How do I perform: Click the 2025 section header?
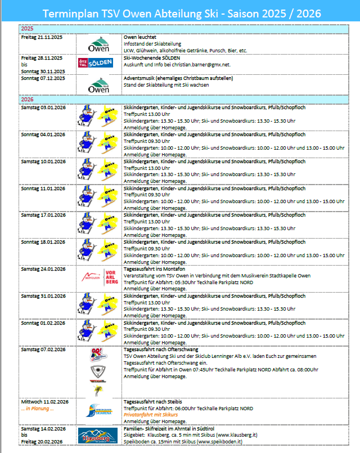point(26,28)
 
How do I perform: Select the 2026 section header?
point(26,99)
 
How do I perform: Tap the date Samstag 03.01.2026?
point(43,107)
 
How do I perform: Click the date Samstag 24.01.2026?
point(43,269)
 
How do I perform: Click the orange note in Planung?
point(37,409)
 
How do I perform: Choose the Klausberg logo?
point(100,436)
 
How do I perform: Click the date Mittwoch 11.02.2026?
point(44,402)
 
